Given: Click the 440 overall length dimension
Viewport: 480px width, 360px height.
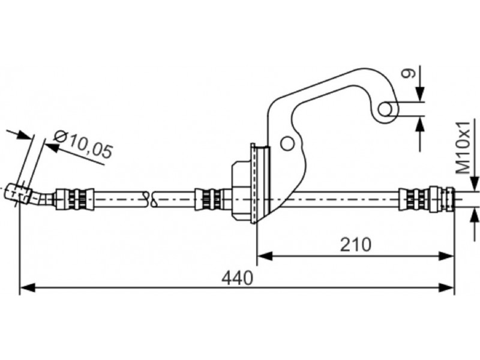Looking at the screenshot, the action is click(238, 278).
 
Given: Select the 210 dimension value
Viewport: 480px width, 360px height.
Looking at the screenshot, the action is click(356, 245).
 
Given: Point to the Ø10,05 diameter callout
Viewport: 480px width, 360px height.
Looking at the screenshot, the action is click(83, 145).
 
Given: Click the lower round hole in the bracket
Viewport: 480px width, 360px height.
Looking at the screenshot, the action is click(287, 143).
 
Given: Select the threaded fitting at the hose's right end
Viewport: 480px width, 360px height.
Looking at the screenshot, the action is click(427, 199).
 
